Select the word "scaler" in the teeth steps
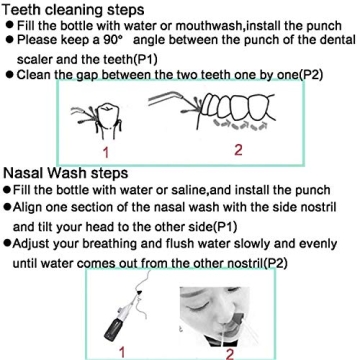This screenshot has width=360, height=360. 36,57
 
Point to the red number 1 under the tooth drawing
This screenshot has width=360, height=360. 105,152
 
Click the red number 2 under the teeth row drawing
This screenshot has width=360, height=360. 237,150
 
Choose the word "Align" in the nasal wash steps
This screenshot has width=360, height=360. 30,207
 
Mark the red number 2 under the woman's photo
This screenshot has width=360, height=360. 229,353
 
